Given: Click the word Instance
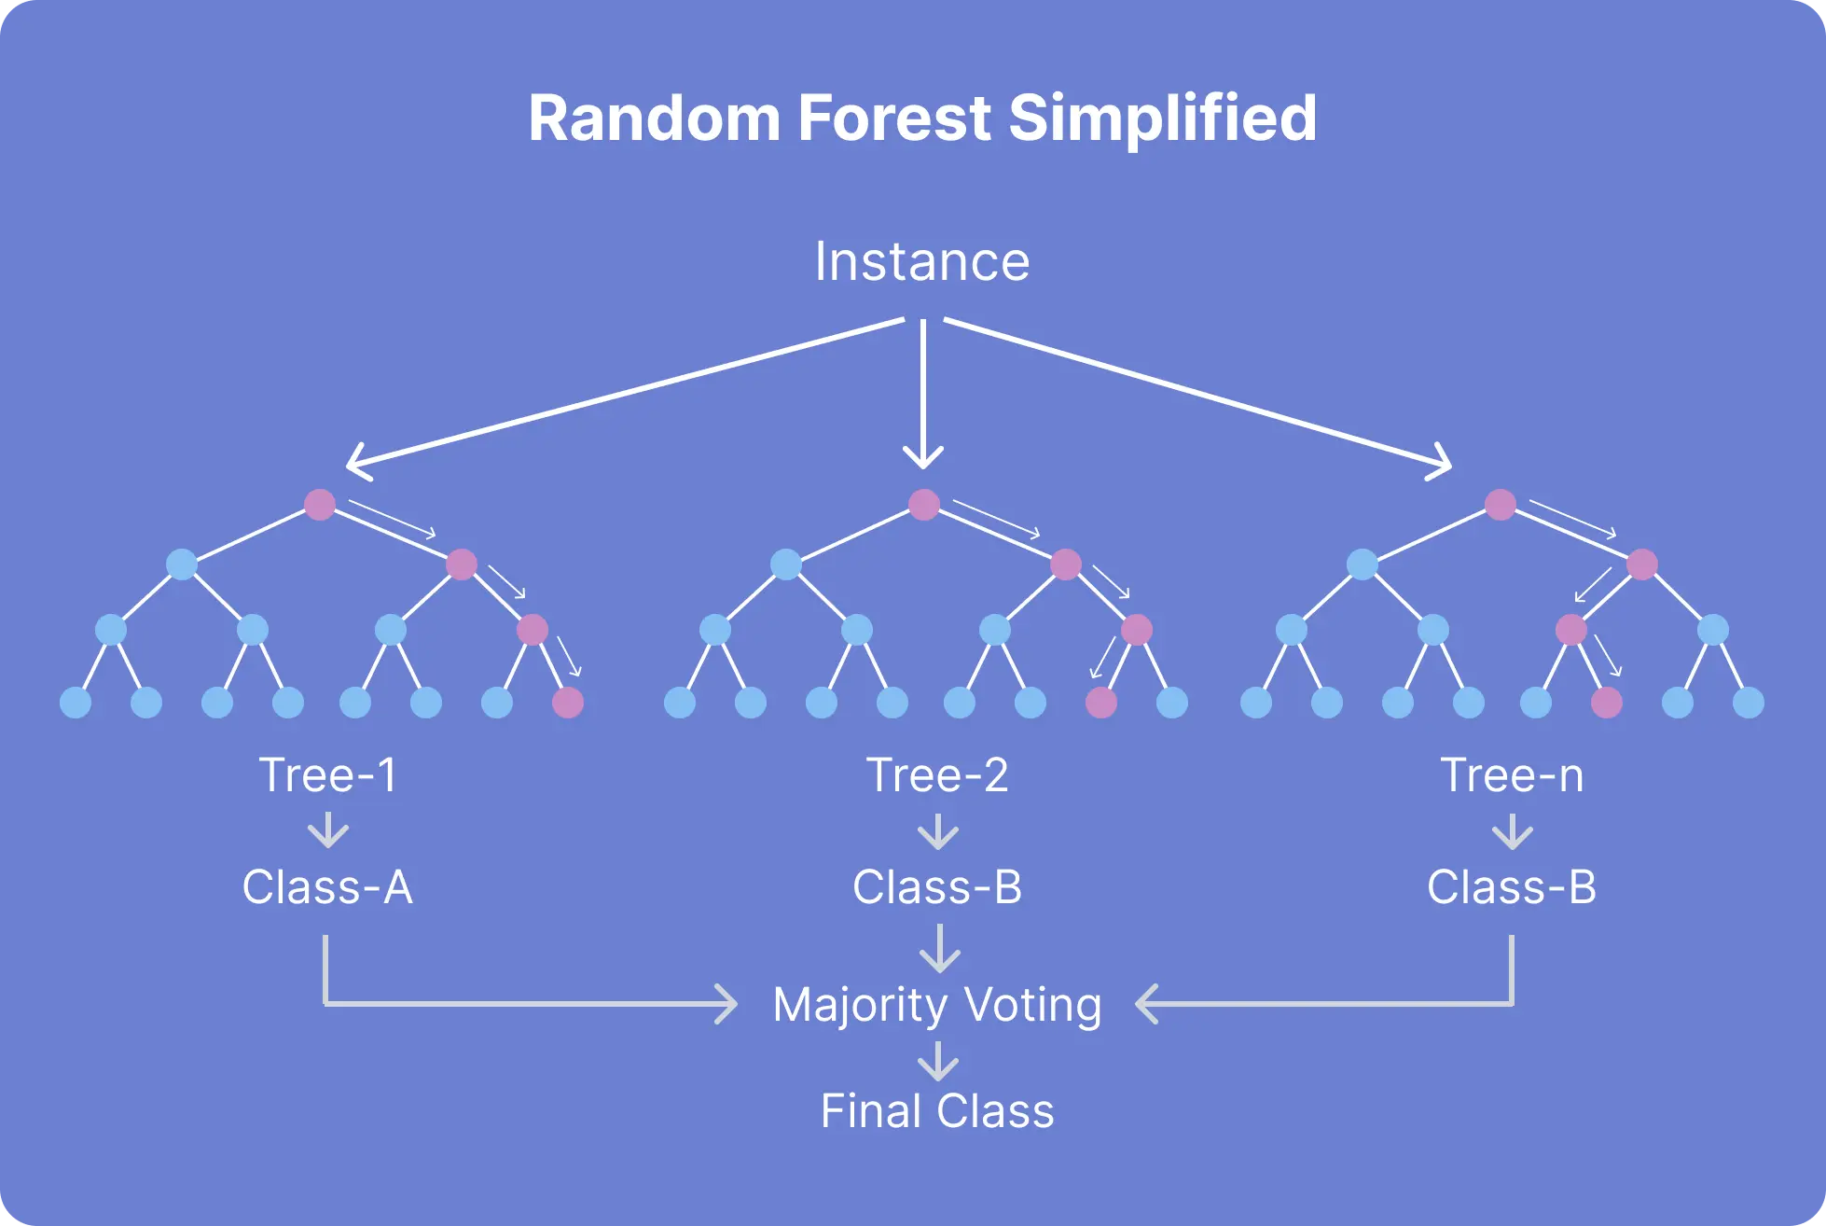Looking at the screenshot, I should tap(921, 261).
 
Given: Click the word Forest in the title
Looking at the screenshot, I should tap(893, 118).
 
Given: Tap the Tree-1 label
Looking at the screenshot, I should tap(328, 775).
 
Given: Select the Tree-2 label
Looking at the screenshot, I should tap(937, 775).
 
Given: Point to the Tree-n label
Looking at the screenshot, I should tap(1512, 775).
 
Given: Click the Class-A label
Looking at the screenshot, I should tap(327, 886).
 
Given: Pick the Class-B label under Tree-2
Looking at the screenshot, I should tap(937, 886).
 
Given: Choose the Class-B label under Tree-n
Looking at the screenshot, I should tap(1512, 886).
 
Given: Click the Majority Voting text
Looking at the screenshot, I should tap(937, 1005).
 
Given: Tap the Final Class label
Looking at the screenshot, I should tap(937, 1111).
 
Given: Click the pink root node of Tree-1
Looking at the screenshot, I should tap(320, 505).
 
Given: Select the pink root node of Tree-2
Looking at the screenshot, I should tap(924, 505).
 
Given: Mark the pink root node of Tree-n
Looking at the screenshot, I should tap(1501, 505).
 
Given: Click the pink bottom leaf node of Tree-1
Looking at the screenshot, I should tap(568, 703).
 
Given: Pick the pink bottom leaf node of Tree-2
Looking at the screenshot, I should tap(1101, 703).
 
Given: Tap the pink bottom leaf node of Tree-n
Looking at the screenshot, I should tap(1607, 703).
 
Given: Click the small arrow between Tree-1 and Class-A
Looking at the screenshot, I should tap(328, 830).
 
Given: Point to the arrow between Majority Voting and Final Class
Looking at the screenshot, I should tap(938, 1061).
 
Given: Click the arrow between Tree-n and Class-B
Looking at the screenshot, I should tap(1513, 830).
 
